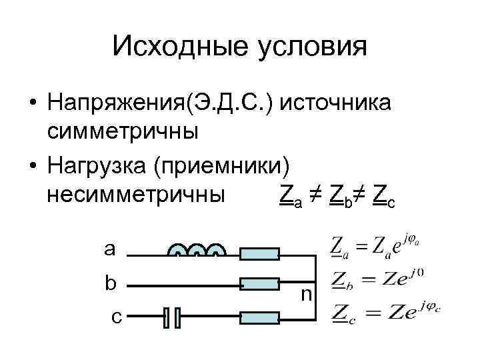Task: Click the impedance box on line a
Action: (259, 253)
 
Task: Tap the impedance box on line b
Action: (259, 284)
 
